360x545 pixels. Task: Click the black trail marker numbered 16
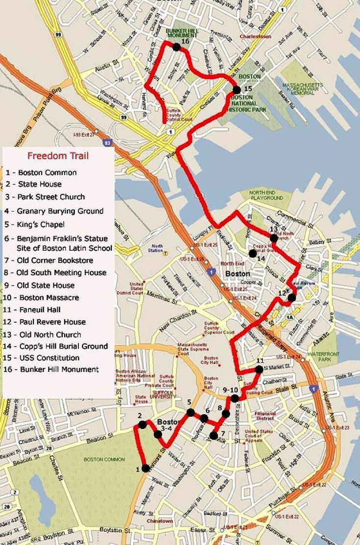(x=176, y=47)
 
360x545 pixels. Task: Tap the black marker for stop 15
(x=237, y=90)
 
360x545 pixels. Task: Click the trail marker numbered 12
(x=292, y=297)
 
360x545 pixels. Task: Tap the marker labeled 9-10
(x=235, y=398)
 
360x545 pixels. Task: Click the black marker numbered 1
(x=145, y=468)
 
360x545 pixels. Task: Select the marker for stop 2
(x=143, y=425)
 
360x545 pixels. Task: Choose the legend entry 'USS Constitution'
(x=48, y=358)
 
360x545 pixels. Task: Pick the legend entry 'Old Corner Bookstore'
(x=55, y=260)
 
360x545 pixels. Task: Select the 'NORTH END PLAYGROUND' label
(x=265, y=195)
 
